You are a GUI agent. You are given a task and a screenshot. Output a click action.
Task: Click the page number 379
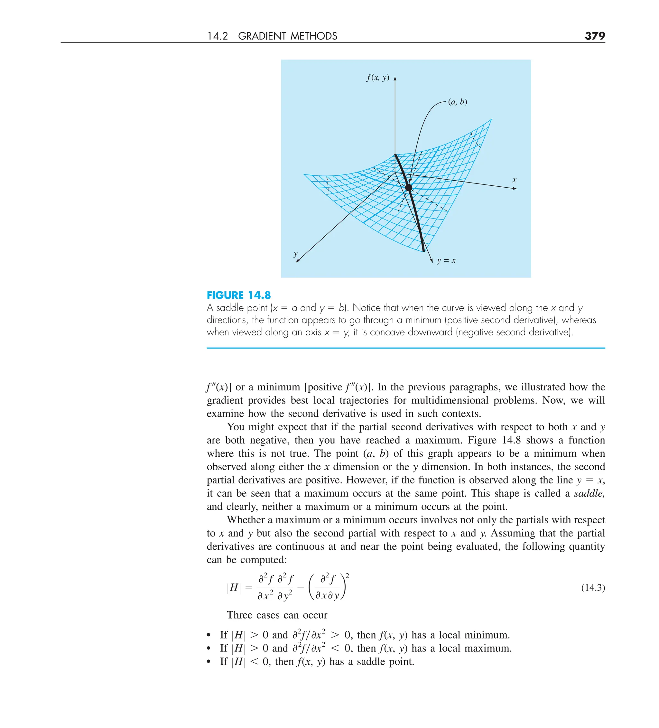tap(595, 36)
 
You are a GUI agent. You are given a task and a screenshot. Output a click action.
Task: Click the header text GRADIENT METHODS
tap(287, 36)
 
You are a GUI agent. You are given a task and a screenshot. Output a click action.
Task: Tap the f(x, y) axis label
tap(378, 78)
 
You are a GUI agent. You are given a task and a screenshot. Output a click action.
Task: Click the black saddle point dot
tap(408, 187)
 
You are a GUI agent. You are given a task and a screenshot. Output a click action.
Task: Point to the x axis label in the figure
tap(514, 180)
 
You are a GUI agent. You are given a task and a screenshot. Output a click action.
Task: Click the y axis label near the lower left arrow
tap(296, 254)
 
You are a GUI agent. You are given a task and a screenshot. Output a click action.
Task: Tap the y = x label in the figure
tap(446, 260)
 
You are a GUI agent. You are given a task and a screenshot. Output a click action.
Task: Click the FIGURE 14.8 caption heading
tap(239, 295)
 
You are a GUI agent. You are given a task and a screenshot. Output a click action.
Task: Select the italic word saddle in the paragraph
tap(589, 493)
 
